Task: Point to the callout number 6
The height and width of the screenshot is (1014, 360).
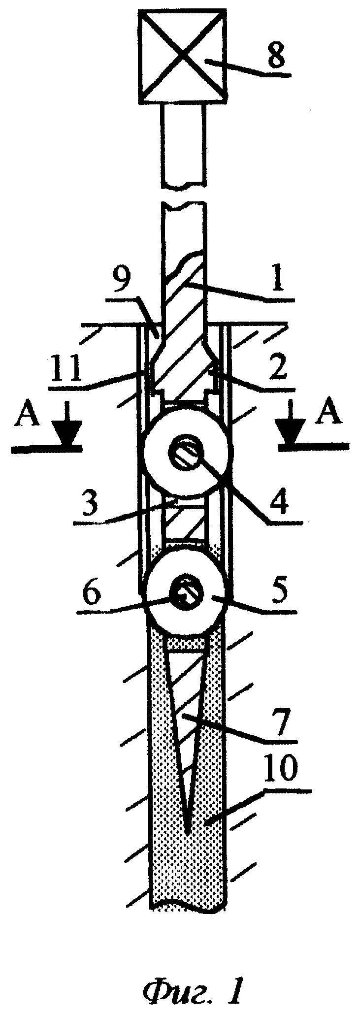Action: (92, 595)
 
